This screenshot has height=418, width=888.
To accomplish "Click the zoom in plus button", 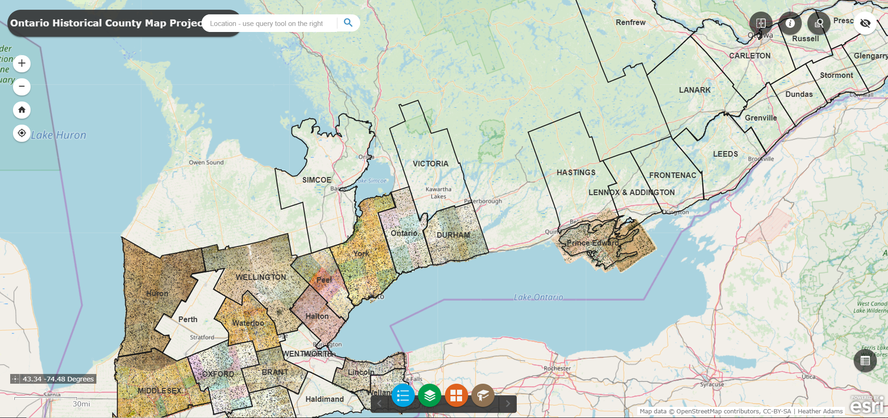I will pyautogui.click(x=22, y=63).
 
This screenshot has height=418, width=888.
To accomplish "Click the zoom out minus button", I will pyautogui.click(x=22, y=87).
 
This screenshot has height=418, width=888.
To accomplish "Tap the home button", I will pyautogui.click(x=22, y=110).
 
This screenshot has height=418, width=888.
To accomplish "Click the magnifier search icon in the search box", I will pyautogui.click(x=348, y=23).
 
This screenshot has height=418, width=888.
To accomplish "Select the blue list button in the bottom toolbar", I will pyautogui.click(x=403, y=395).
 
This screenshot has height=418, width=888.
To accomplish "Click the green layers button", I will pyautogui.click(x=430, y=395).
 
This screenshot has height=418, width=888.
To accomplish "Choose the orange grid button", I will pyautogui.click(x=456, y=395).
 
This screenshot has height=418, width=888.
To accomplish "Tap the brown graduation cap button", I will pyautogui.click(x=483, y=395).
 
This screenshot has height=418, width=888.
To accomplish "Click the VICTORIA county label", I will pyautogui.click(x=431, y=164).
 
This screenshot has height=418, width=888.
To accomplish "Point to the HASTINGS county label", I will pyautogui.click(x=576, y=173).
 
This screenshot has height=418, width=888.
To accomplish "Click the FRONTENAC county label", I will pyautogui.click(x=672, y=176).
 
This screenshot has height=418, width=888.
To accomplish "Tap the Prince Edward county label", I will pyautogui.click(x=593, y=243).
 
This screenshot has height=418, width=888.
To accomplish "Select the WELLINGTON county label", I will pyautogui.click(x=261, y=277).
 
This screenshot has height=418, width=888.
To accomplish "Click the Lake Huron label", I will pyautogui.click(x=58, y=135).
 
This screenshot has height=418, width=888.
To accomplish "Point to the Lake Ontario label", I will pyautogui.click(x=539, y=297).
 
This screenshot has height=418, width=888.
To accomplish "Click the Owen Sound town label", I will pyautogui.click(x=206, y=163).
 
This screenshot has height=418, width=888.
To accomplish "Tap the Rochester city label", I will pyautogui.click(x=558, y=368).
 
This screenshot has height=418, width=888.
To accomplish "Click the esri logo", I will pyautogui.click(x=867, y=405).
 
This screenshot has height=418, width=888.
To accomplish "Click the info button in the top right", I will pyautogui.click(x=790, y=23).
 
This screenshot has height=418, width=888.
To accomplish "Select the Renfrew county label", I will pyautogui.click(x=630, y=23).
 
